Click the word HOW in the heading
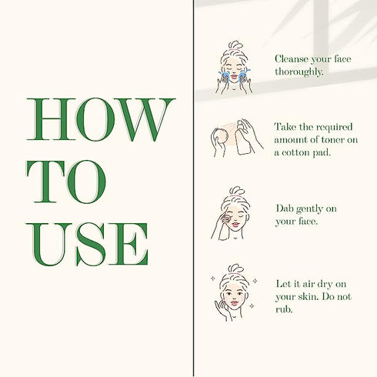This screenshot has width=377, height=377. [101, 119]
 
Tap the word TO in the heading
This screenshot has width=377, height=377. [66, 182]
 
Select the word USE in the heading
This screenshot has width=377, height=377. [87, 245]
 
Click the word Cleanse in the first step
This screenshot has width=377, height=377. [292, 59]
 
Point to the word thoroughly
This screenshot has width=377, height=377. [299, 72]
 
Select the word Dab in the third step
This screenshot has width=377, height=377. [285, 209]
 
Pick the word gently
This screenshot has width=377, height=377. [309, 209]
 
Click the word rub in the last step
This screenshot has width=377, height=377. [284, 309]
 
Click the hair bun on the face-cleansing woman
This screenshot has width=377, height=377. [235, 45]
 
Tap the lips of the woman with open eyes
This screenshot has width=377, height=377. [235, 303]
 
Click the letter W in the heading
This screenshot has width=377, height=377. [146, 119]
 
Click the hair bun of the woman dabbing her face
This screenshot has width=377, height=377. [235, 191]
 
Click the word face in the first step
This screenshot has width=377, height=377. [342, 59]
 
